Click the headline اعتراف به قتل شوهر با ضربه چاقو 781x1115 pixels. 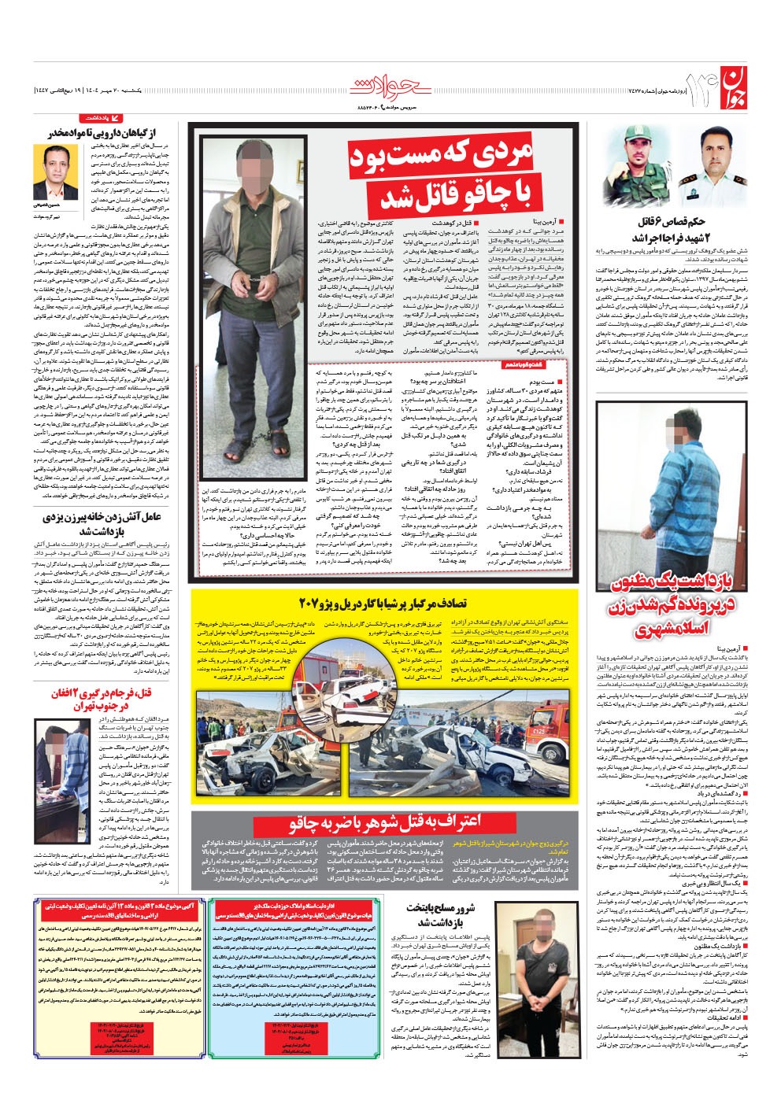(385, 823)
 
